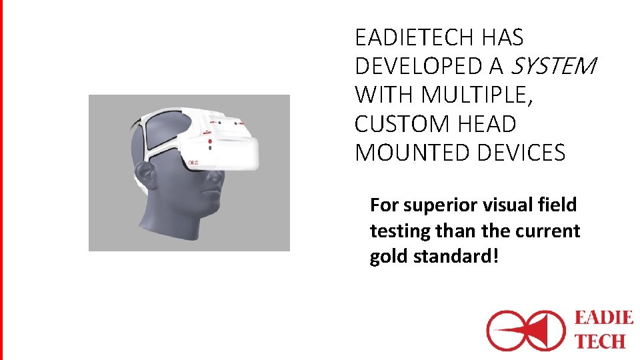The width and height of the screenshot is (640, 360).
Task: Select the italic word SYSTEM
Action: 553,66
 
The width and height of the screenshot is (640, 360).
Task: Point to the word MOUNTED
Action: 413,153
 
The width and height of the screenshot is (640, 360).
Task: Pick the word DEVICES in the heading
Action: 521,153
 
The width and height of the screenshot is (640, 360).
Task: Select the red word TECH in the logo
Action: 599,341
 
